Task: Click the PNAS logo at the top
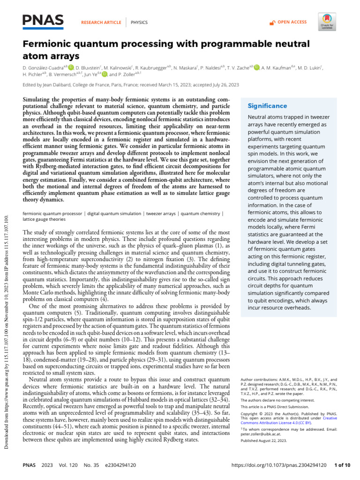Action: [43, 20]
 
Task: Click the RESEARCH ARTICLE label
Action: [101, 22]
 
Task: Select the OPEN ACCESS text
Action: [292, 22]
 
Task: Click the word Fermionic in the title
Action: [48, 44]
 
